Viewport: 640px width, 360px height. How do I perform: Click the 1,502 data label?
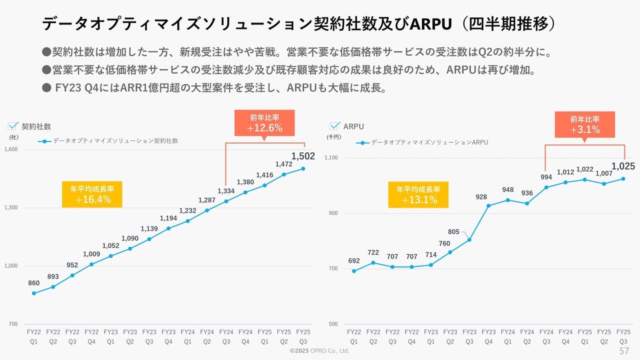[303, 156]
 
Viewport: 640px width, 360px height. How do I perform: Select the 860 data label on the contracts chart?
[34, 283]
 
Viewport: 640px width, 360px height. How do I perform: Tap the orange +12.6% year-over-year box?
[264, 123]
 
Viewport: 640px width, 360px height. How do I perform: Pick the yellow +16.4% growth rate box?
[92, 194]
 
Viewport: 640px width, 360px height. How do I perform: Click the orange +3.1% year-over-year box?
[584, 124]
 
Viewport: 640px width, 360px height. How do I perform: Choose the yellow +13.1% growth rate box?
[418, 194]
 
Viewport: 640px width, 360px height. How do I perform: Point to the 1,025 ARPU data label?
[623, 166]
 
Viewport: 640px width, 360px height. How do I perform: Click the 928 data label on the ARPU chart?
[481, 197]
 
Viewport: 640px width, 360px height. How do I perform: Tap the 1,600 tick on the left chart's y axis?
[11, 149]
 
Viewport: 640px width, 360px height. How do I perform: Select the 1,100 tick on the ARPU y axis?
[331, 158]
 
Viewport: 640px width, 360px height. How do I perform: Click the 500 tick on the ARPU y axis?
[333, 324]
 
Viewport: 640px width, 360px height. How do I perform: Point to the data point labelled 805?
[469, 240]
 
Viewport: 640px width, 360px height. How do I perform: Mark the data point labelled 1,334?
[226, 201]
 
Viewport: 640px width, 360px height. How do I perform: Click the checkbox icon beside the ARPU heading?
[334, 126]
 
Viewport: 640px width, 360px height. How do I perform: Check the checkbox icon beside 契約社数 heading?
[13, 126]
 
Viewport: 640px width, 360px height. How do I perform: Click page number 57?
[624, 350]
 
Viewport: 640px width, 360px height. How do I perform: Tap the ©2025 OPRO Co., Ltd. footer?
[319, 351]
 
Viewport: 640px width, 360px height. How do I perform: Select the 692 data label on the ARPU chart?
[354, 261]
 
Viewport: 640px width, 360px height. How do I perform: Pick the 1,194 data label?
[168, 218]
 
